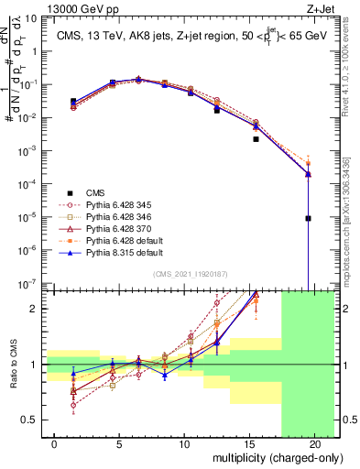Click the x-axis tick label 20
pos(315,444)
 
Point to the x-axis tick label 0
pos(56,444)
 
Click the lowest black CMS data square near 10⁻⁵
pos(309,219)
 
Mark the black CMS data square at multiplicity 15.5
pos(256,139)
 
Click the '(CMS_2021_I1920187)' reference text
pos(190,274)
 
